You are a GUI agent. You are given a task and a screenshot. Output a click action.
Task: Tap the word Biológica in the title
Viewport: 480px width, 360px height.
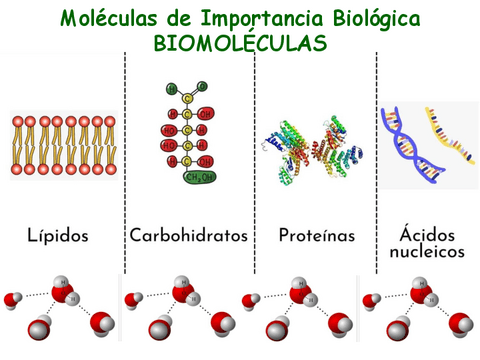(x=366, y=19)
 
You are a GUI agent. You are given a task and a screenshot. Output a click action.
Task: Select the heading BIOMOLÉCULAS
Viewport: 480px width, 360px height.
(x=239, y=44)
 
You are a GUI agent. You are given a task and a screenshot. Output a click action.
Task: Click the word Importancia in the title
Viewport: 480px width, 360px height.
(x=240, y=19)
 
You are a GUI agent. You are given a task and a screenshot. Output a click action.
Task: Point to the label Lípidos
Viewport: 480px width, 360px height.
(x=59, y=236)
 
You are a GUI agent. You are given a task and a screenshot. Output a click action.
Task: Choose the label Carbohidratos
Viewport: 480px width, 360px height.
(x=188, y=236)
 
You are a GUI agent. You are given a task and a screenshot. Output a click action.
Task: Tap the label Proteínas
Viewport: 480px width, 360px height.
(x=318, y=236)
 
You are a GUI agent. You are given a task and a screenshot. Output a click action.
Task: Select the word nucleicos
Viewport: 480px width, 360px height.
(x=427, y=252)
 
